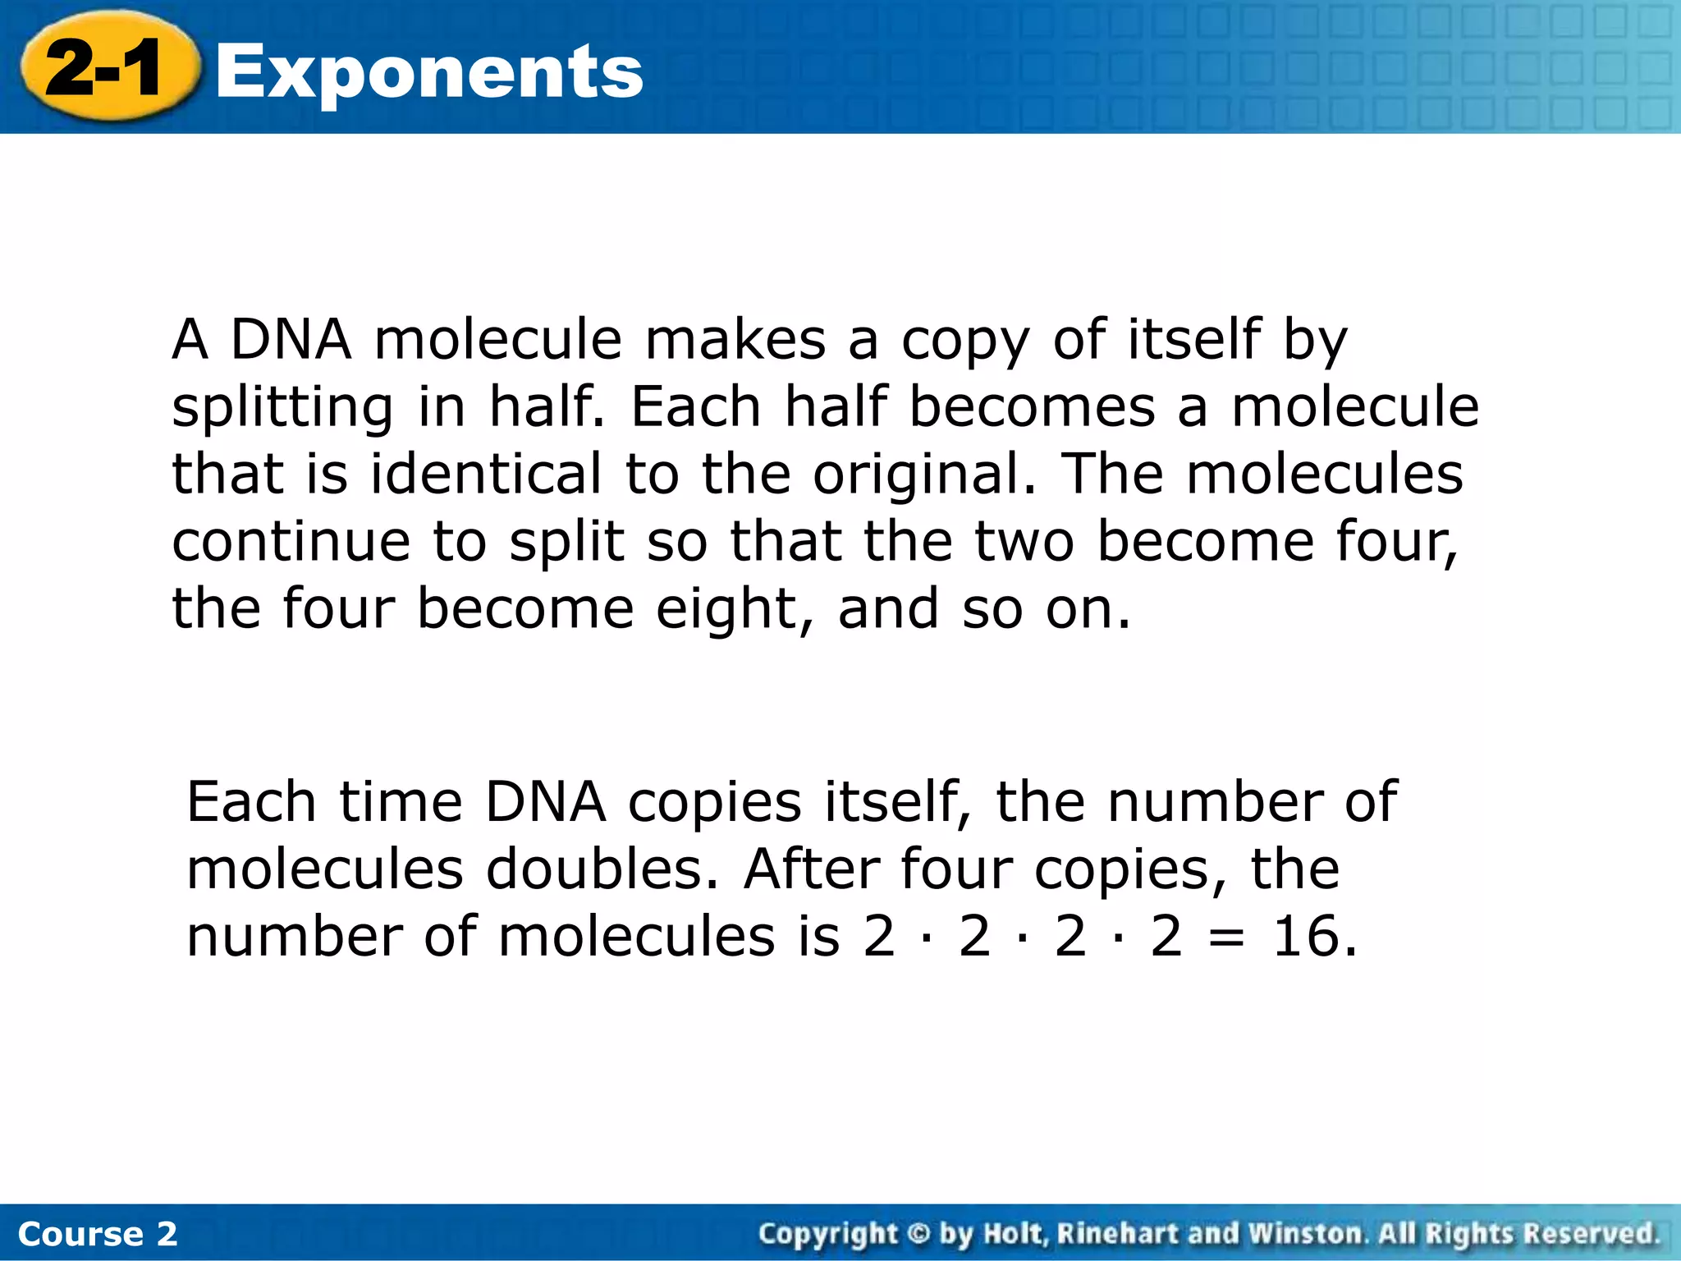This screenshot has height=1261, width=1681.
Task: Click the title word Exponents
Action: point(428,72)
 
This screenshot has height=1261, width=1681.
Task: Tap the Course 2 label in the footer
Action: point(97,1234)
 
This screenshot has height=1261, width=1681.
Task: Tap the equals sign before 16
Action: point(1226,938)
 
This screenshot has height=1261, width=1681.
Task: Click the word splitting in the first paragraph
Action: point(282,408)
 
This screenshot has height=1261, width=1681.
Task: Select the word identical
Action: point(486,474)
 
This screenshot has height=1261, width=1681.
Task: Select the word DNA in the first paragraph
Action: point(291,339)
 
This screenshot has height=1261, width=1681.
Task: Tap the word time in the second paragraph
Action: point(401,802)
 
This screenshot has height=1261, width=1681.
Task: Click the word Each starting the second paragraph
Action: point(251,802)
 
